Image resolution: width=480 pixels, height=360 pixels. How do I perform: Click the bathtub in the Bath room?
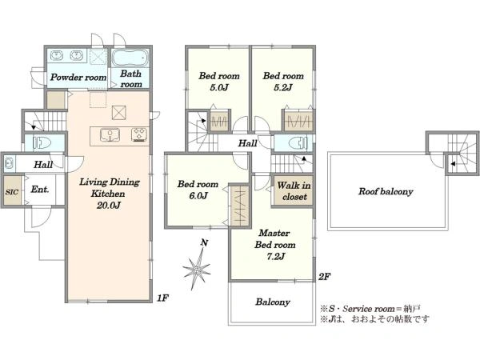tap(130, 58)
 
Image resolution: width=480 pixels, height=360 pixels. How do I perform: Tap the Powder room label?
tap(78, 77)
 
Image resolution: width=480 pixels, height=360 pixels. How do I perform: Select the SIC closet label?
tap(12, 192)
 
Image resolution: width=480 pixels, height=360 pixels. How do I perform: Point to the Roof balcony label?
tap(386, 192)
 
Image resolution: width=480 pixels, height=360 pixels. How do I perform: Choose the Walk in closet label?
tap(294, 190)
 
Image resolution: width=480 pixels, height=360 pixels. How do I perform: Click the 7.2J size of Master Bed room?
tap(276, 256)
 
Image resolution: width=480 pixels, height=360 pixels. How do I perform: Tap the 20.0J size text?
tap(109, 205)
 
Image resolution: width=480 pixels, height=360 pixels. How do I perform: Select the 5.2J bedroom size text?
tap(283, 87)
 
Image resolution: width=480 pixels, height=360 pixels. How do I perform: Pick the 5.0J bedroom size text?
tap(219, 87)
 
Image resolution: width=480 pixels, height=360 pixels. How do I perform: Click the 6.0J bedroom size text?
tap(198, 195)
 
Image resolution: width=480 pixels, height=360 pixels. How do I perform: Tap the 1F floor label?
tap(163, 298)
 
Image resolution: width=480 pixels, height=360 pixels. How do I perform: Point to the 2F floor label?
tap(325, 277)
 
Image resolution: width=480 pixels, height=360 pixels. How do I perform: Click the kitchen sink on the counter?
tap(110, 135)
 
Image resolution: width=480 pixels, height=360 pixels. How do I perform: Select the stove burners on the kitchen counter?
tap(139, 135)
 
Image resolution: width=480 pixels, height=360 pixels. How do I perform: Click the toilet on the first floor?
tap(42, 142)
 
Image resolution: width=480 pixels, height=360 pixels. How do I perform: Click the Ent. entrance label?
tap(40, 189)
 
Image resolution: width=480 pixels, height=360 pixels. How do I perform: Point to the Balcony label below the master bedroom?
tap(273, 302)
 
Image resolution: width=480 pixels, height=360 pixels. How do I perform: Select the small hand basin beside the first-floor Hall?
tap(9, 163)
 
